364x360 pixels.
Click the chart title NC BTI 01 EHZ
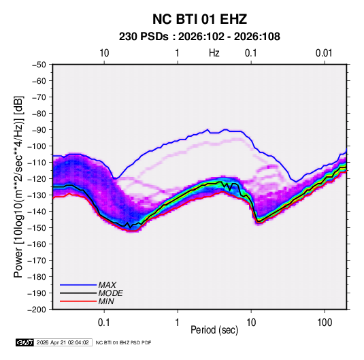click(199, 19)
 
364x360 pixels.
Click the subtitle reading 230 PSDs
click(144, 37)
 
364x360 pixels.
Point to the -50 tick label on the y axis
click(39, 65)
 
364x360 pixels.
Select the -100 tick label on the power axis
click(37, 146)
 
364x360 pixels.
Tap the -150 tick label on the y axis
click(37, 228)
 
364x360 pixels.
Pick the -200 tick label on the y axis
click(37, 310)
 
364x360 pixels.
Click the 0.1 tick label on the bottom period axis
click(104, 323)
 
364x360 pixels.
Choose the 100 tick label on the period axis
click(325, 323)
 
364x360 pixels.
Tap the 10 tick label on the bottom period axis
click(251, 323)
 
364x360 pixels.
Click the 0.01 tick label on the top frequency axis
click(324, 53)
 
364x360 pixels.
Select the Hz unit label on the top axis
click(214, 53)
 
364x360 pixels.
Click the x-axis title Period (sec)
click(214, 330)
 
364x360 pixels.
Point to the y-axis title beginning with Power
click(18, 187)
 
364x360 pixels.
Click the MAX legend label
click(107, 285)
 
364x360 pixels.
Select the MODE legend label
click(110, 293)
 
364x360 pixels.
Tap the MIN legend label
click(106, 301)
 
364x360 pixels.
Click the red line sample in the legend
click(78, 301)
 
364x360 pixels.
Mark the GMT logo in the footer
click(24, 342)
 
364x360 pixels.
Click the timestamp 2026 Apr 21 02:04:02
click(63, 342)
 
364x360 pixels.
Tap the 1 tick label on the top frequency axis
click(178, 53)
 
